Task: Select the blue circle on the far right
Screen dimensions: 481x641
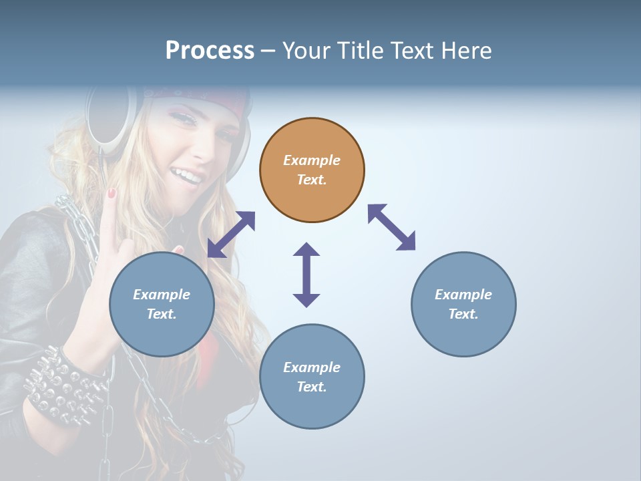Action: click(463, 304)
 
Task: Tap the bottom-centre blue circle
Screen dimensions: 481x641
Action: click(312, 377)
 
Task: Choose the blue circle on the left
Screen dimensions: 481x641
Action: click(162, 304)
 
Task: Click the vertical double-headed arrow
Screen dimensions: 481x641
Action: click(306, 275)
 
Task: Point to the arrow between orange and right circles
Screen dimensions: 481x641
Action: click(391, 227)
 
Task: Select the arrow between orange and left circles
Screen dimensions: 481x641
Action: click(231, 234)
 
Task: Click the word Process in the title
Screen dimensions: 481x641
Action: click(210, 50)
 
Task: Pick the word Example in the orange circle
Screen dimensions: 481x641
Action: click(312, 160)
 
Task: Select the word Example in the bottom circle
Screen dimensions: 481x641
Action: click(312, 367)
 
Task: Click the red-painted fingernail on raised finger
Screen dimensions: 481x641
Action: click(112, 194)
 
